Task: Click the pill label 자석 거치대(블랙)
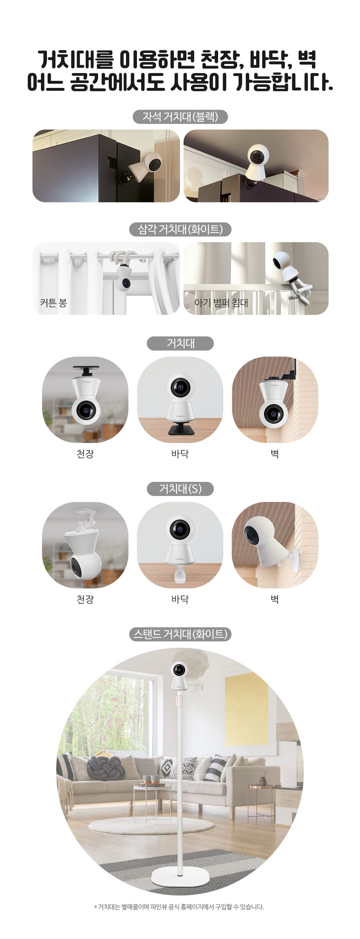(180, 116)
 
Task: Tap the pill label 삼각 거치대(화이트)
(180, 229)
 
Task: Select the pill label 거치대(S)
(180, 489)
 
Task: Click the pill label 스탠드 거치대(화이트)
(180, 634)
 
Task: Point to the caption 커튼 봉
(54, 303)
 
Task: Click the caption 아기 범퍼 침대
(221, 303)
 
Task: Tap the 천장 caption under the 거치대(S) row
(85, 599)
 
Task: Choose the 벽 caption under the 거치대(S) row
(275, 599)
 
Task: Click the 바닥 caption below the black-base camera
(180, 454)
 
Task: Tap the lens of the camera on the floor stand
(179, 669)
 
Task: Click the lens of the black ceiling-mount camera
(86, 411)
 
